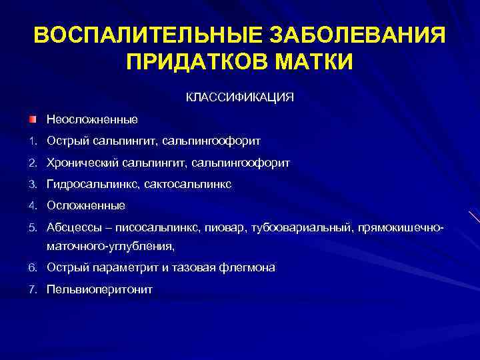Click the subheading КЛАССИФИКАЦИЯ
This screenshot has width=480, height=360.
point(239,97)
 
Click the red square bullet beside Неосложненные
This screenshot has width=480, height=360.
point(32,119)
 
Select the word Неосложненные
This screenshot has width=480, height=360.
point(92,119)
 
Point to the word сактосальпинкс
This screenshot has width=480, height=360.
point(195,184)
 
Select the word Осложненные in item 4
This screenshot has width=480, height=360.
point(85,205)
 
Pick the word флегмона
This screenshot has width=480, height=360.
point(248,268)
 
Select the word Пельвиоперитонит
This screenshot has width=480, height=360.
point(99,289)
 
